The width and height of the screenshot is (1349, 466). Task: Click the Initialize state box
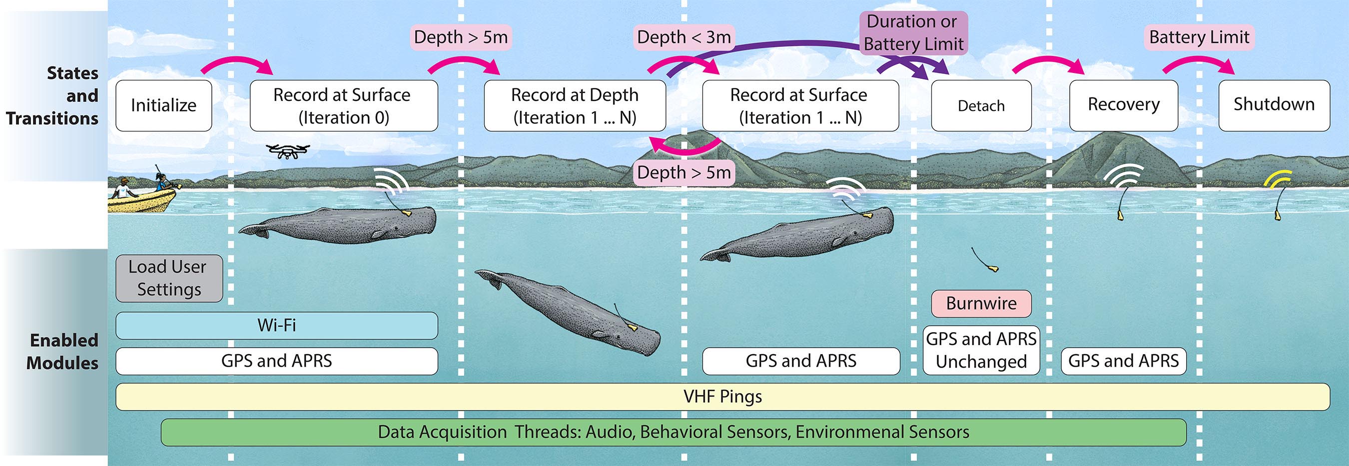pyautogui.click(x=163, y=105)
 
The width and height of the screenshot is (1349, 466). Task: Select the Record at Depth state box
pyautogui.click(x=575, y=105)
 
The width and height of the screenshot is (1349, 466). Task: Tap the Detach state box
pyautogui.click(x=981, y=105)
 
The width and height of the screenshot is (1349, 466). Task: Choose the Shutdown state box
pyautogui.click(x=1274, y=105)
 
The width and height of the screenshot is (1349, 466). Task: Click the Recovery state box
pyautogui.click(x=1123, y=105)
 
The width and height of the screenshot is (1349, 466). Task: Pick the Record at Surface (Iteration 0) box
pyautogui.click(x=344, y=105)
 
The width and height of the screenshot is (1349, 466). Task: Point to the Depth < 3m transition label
pyautogui.click(x=683, y=37)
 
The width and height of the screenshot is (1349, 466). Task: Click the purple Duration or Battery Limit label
pyautogui.click(x=913, y=32)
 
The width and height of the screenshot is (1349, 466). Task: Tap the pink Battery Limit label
pyautogui.click(x=1199, y=37)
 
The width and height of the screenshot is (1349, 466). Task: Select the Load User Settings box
pyautogui.click(x=169, y=278)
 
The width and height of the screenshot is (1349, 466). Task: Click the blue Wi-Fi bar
pyautogui.click(x=276, y=325)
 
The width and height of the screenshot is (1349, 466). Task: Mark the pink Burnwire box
pyautogui.click(x=981, y=304)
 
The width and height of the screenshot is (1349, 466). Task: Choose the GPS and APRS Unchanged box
pyautogui.click(x=981, y=350)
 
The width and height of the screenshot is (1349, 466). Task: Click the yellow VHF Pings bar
pyautogui.click(x=722, y=397)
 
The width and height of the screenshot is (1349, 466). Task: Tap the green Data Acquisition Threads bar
pyautogui.click(x=673, y=432)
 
